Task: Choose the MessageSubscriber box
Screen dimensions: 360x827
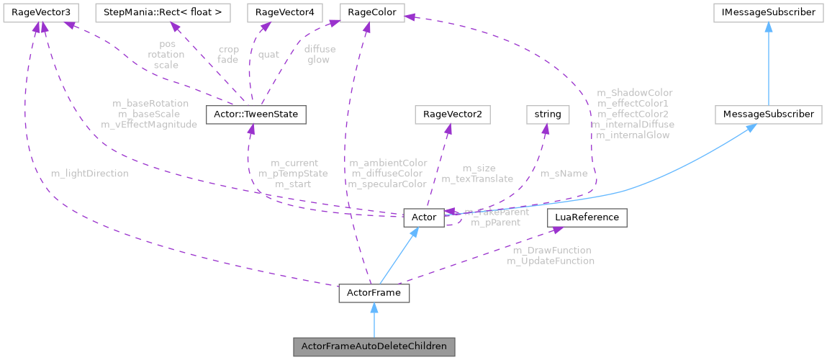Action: coord(768,114)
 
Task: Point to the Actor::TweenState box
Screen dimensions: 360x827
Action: coord(256,114)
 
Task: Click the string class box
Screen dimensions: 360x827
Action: coord(548,114)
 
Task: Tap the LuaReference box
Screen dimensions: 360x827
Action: coord(587,217)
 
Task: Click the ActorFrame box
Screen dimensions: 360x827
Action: coord(374,294)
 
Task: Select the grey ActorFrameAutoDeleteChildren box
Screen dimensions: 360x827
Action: coord(374,346)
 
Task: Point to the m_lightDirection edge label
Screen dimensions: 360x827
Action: coord(90,174)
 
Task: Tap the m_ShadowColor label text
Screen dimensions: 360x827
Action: coord(635,93)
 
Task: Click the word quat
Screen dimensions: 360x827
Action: coord(268,54)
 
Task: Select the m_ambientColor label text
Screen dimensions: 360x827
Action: coord(387,163)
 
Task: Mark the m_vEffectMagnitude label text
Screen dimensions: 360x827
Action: coord(150,125)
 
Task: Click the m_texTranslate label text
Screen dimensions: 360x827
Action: coord(477,179)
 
